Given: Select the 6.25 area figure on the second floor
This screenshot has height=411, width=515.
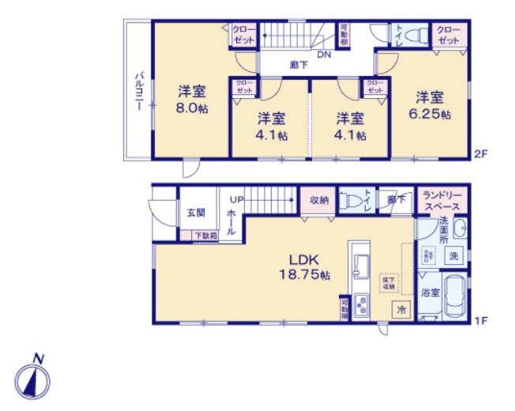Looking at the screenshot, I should pyautogui.click(x=430, y=114).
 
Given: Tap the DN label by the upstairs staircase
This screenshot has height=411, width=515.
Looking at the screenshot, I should pyautogui.click(x=325, y=55).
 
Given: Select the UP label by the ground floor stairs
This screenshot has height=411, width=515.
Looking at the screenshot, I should pyautogui.click(x=235, y=199).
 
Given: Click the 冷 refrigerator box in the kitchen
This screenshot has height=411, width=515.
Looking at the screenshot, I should pyautogui.click(x=401, y=310).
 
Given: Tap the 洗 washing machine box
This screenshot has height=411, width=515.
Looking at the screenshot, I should pyautogui.click(x=454, y=255).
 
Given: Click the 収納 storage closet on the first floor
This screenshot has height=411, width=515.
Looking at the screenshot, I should pyautogui.click(x=319, y=200).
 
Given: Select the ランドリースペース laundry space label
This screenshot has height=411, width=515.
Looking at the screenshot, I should pyautogui.click(x=443, y=200).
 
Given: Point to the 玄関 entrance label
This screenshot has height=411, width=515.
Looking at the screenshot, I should pyautogui.click(x=196, y=213).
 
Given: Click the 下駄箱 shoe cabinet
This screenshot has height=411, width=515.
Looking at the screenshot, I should pyautogui.click(x=205, y=236).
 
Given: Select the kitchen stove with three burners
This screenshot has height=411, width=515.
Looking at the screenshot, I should pyautogui.click(x=360, y=304).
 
